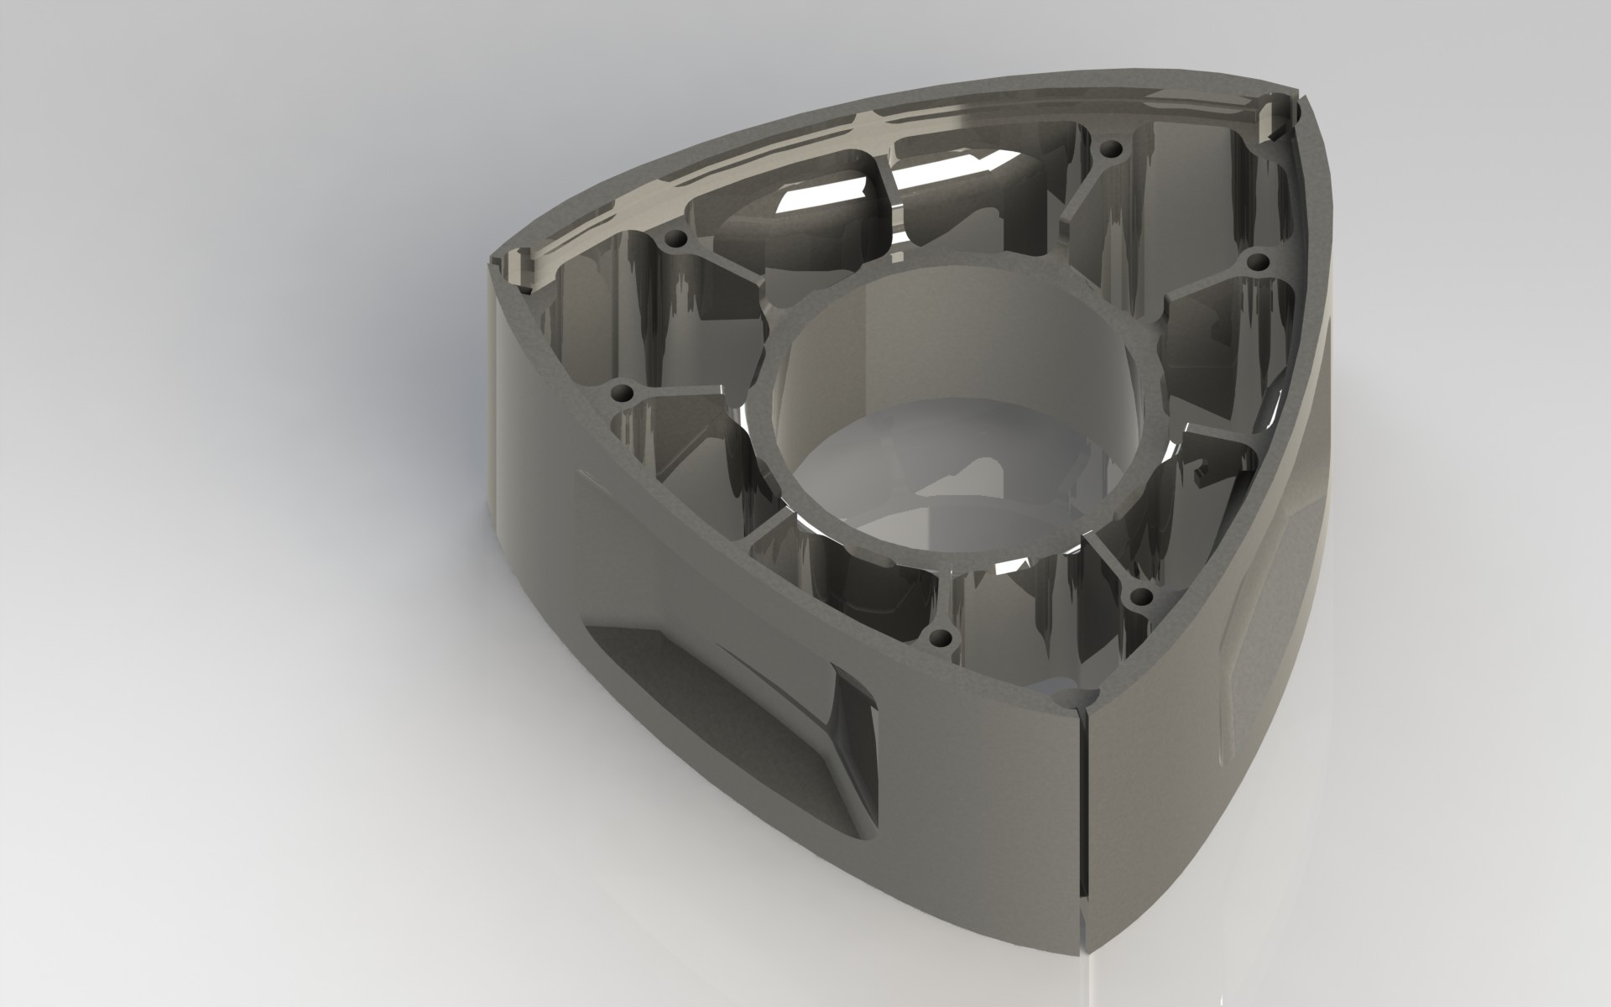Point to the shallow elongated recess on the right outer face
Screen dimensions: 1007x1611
(1250, 629)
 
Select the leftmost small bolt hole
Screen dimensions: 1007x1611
(623, 393)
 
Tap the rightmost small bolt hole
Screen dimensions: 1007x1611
(1256, 263)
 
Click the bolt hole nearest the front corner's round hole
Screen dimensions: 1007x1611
(1141, 597)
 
